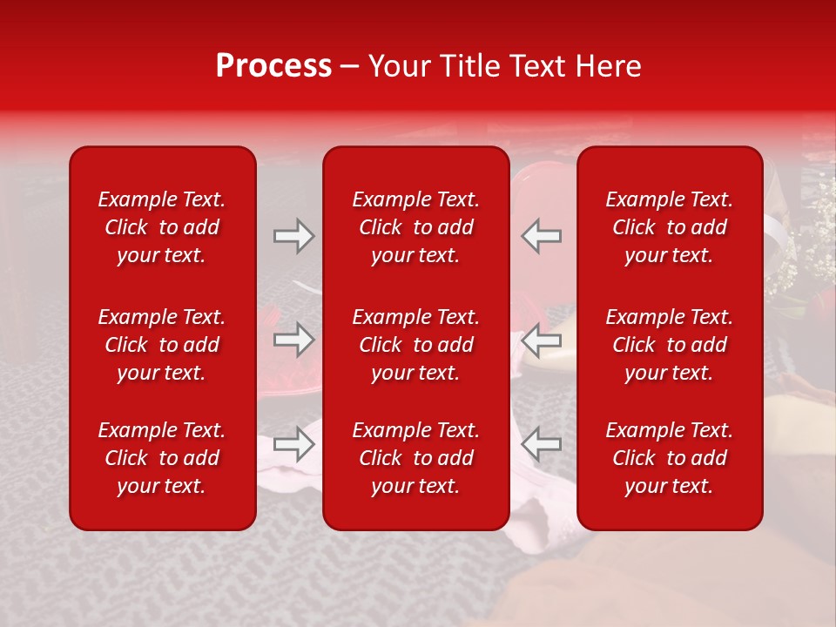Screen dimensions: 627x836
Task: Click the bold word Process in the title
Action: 273,66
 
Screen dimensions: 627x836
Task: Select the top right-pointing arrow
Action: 294,236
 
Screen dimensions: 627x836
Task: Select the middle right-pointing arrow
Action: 294,340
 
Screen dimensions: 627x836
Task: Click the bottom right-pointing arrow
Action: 294,444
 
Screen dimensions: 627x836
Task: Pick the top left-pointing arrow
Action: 542,236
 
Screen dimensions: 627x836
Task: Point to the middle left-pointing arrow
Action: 542,340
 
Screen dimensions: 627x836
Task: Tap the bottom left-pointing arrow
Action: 542,444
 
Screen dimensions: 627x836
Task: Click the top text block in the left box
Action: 162,227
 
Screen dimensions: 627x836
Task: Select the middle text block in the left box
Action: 162,345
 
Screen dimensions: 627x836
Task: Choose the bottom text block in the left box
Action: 162,458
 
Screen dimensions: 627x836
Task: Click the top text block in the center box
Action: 416,227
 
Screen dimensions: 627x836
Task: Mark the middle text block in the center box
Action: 416,345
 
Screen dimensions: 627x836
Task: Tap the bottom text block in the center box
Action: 416,458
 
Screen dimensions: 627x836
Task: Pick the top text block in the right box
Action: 670,227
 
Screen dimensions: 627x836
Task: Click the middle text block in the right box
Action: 670,345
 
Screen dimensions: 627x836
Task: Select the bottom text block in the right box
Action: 670,458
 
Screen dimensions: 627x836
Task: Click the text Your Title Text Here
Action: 505,66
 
